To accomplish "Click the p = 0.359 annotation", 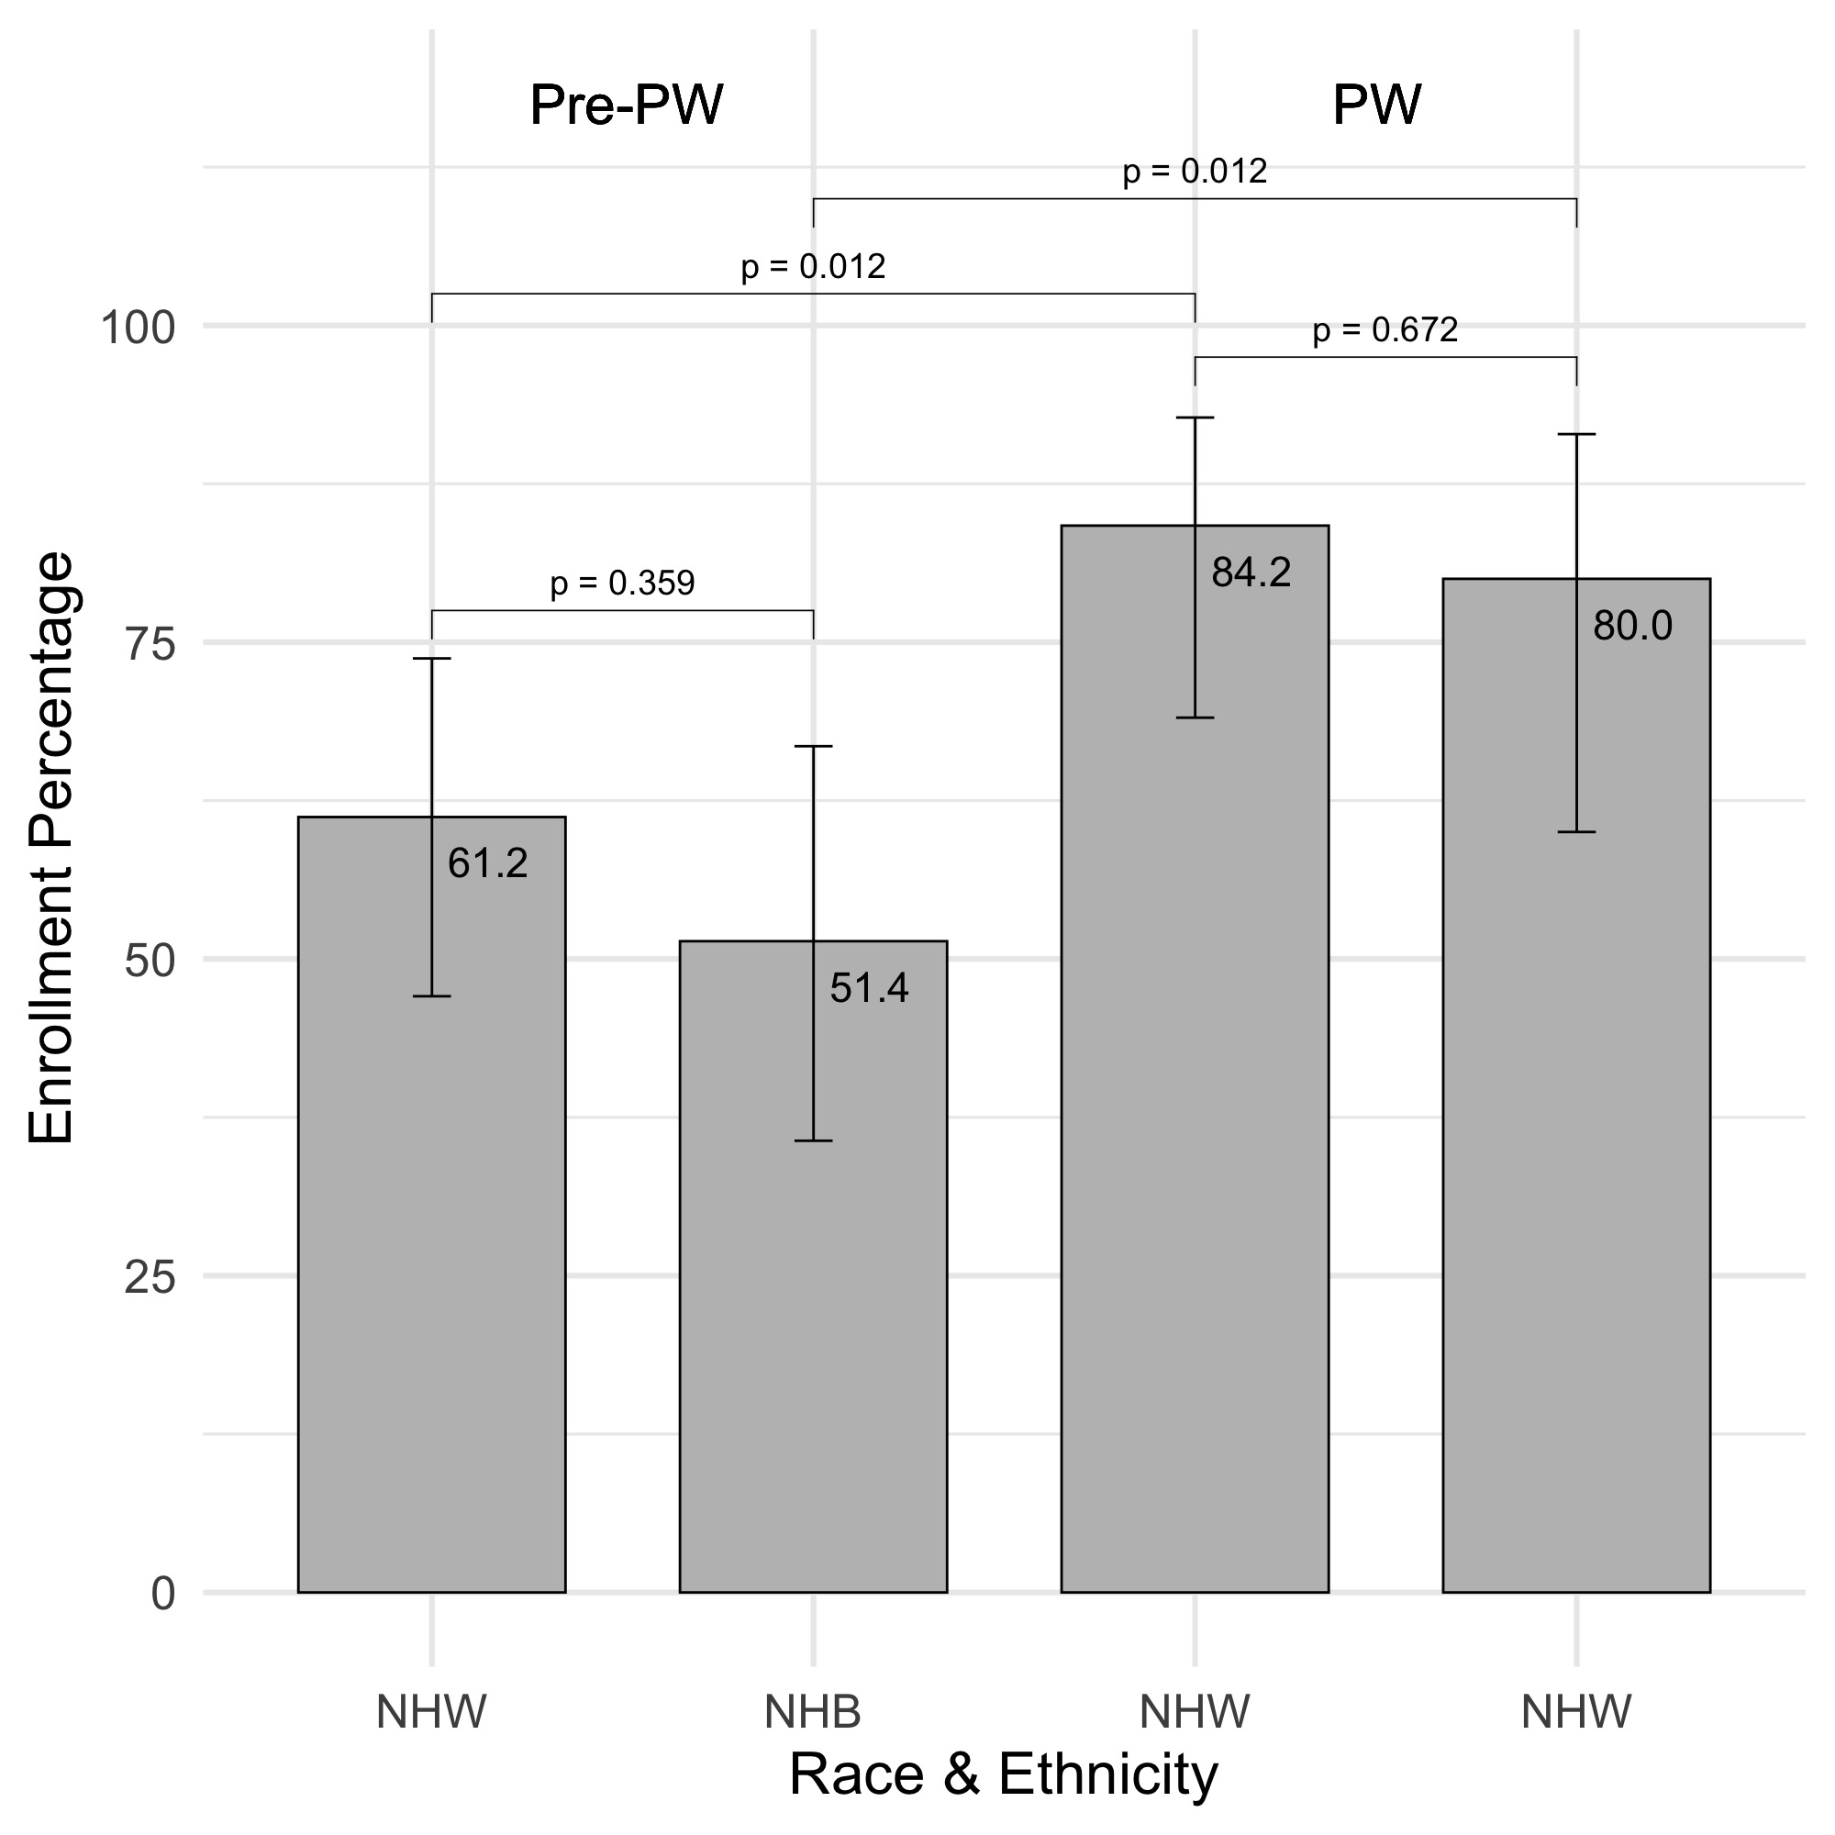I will click(x=623, y=584).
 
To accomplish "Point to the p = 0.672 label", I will click(x=1385, y=330).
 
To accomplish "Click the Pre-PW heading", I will click(x=627, y=105).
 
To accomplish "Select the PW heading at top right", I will click(x=1377, y=105).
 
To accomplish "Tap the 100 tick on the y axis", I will click(x=139, y=328).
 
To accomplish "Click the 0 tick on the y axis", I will click(x=163, y=1595).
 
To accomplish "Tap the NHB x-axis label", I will click(x=813, y=1712).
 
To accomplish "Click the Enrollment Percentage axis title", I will click(x=51, y=847).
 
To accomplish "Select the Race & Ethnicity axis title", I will click(x=1003, y=1774).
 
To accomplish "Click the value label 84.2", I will click(x=1251, y=573).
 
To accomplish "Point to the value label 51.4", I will click(x=869, y=989).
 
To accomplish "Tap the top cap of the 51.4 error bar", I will click(x=814, y=747).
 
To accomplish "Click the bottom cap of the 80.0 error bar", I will click(x=1576, y=832).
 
